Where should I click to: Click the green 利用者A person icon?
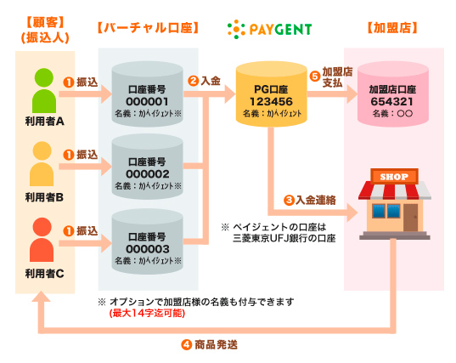(x=44, y=88)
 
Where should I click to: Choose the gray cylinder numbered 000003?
(x=149, y=241)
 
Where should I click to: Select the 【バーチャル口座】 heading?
(x=148, y=29)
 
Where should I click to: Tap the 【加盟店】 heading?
(x=393, y=29)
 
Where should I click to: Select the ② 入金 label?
(x=205, y=81)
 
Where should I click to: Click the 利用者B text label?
(x=45, y=197)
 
